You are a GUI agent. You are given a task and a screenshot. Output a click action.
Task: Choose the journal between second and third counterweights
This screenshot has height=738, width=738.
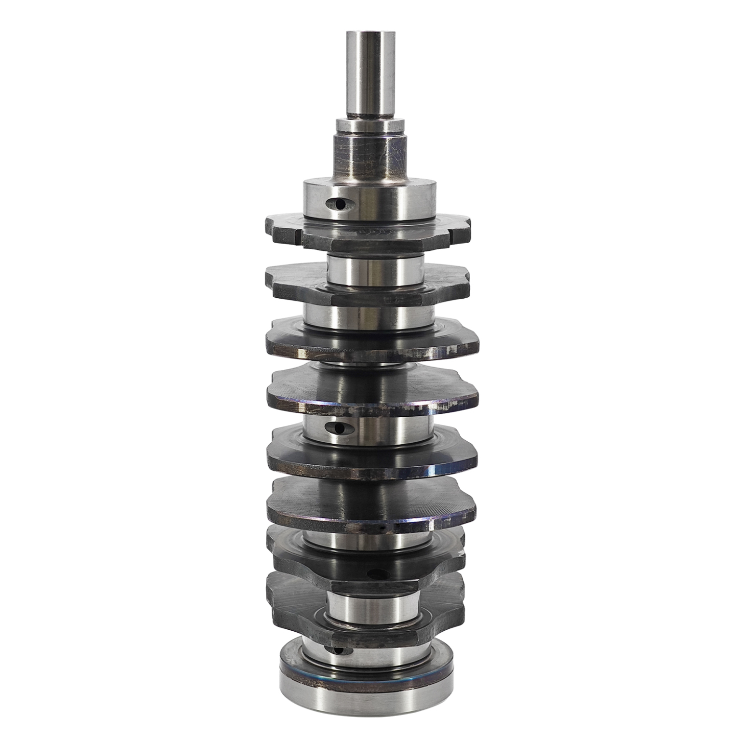[371, 314]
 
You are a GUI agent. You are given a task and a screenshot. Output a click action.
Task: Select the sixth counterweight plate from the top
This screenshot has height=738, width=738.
[371, 506]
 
